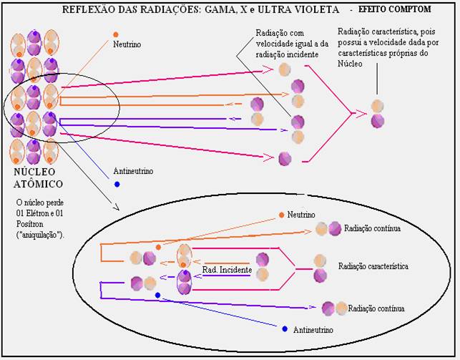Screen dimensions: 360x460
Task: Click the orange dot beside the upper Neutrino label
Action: (115, 34)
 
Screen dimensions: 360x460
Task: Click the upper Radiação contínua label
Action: (373, 228)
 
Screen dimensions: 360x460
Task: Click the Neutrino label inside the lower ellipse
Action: (303, 214)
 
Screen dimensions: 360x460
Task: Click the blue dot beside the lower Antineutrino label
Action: (284, 329)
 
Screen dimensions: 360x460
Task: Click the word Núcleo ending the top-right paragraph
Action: (351, 64)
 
